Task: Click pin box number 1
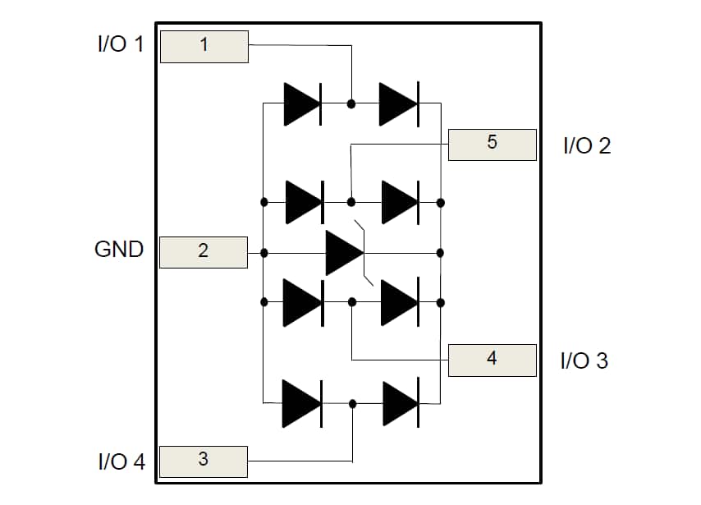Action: [x=204, y=46]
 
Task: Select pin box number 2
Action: [x=203, y=252]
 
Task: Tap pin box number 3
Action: [x=203, y=461]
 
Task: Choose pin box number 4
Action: [x=492, y=359]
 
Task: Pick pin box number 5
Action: [x=492, y=144]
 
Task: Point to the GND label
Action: [x=119, y=250]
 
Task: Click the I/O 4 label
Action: [x=121, y=462]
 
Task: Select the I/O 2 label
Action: [x=587, y=147]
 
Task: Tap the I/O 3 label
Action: [x=584, y=361]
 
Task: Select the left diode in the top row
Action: [x=303, y=103]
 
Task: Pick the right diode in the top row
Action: [x=399, y=103]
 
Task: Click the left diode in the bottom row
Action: [x=302, y=403]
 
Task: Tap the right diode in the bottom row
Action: [x=401, y=403]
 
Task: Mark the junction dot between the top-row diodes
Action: [x=351, y=103]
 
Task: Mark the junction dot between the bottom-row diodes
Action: [x=352, y=403]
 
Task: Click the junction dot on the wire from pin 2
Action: [x=263, y=252]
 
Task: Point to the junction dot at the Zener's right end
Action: [x=441, y=252]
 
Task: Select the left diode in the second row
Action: [x=304, y=202]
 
